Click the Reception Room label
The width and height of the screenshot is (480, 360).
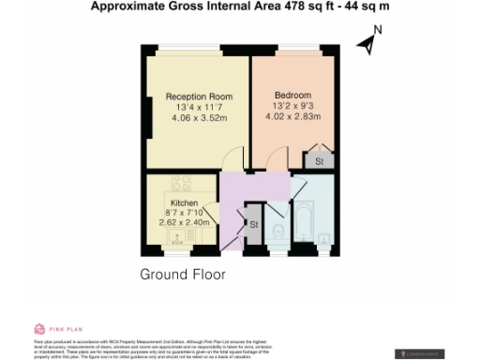199,97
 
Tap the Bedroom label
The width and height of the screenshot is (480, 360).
292,96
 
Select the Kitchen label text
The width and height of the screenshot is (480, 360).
183,202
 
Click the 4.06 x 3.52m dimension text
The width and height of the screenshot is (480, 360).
199,118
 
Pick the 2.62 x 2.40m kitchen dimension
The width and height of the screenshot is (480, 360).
194,223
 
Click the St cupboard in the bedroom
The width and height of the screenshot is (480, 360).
319,161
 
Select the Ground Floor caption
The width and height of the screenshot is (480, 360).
184,275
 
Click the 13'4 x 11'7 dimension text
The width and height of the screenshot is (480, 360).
199,107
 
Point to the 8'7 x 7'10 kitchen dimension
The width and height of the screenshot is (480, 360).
194,213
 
